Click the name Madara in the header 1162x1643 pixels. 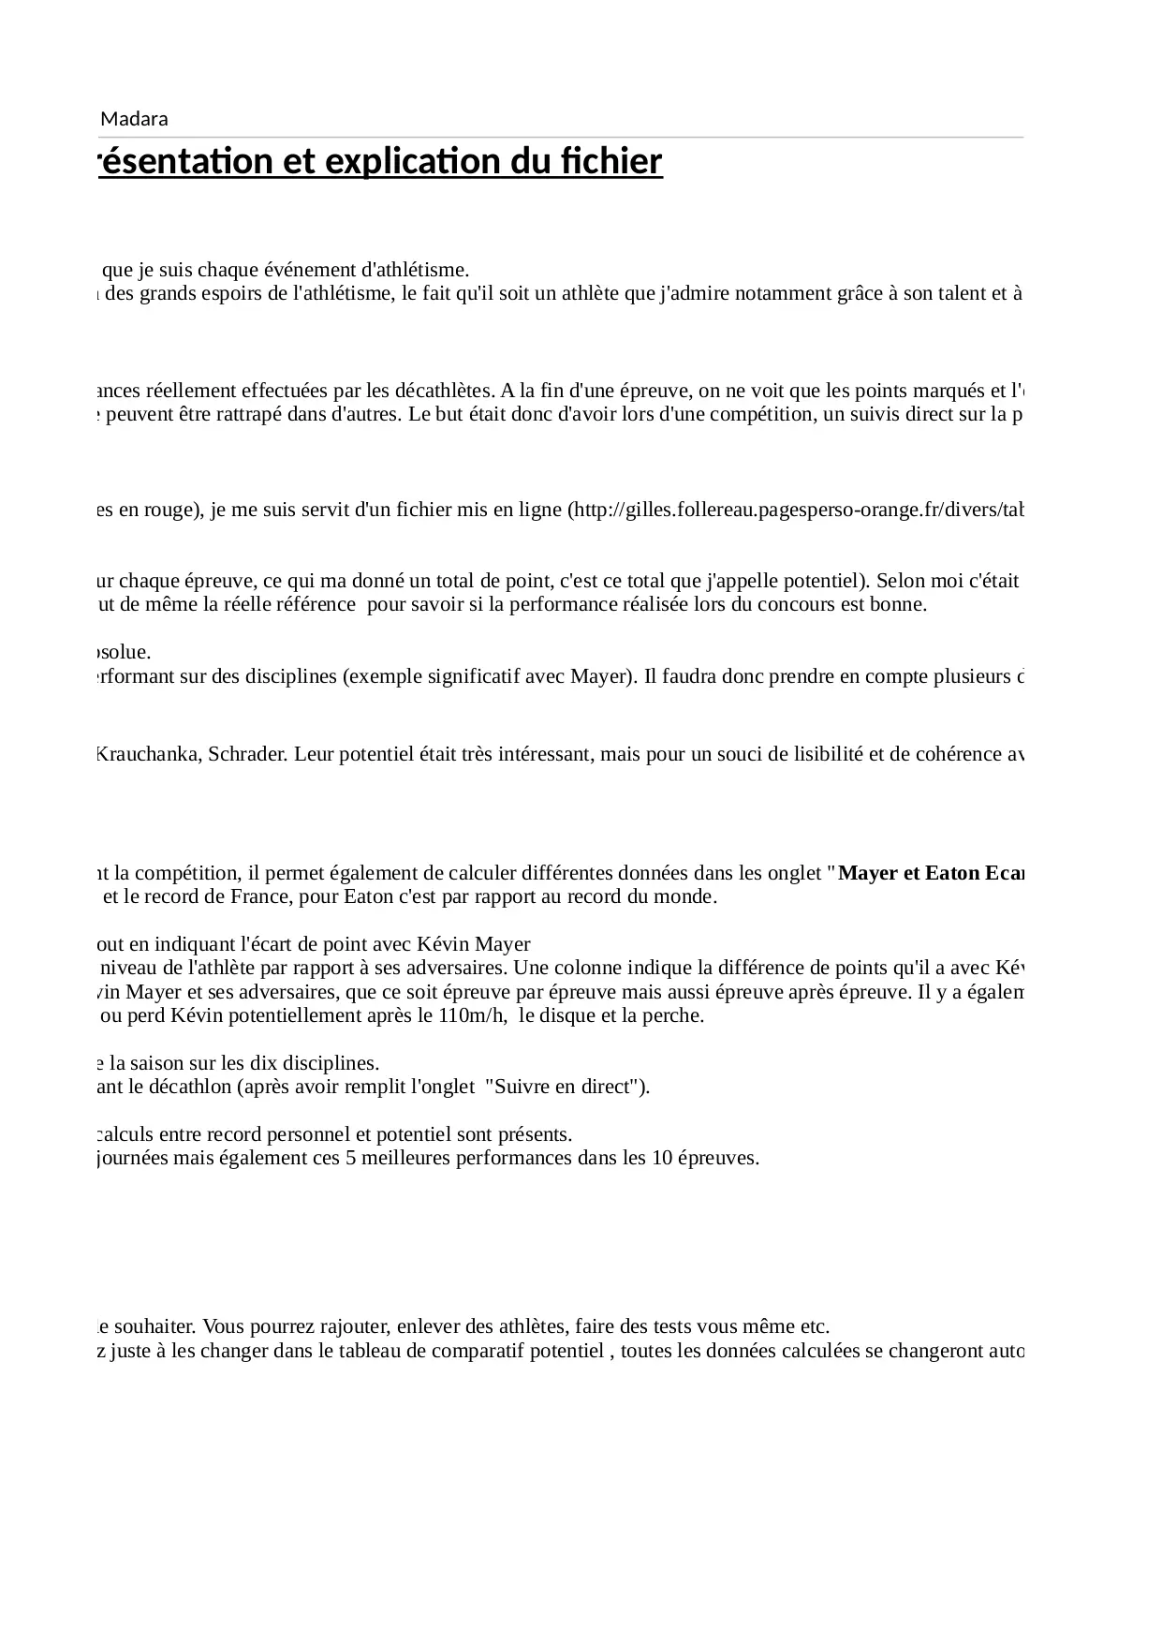134,119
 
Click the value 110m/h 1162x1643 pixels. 475,1015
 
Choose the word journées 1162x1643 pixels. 134,1158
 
